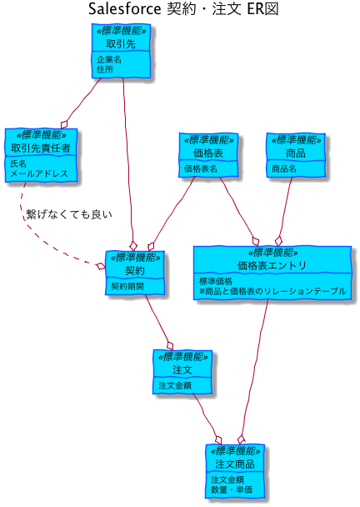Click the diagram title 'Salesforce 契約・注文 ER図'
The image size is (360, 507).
pyautogui.click(x=183, y=8)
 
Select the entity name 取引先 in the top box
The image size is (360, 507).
pyautogui.click(x=121, y=43)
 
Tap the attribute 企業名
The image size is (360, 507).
pyautogui.click(x=109, y=59)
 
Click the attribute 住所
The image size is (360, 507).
pyautogui.click(x=105, y=69)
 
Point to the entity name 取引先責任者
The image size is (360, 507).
pyautogui.click(x=41, y=148)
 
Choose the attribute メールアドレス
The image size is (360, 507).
pyautogui.click(x=39, y=173)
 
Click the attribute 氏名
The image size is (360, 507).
pyautogui.click(x=18, y=163)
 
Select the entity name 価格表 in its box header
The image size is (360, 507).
pyautogui.click(x=208, y=153)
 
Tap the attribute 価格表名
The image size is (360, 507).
pyautogui.click(x=200, y=168)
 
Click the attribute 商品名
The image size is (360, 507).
pyautogui.click(x=283, y=168)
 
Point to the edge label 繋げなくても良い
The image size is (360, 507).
pyautogui.click(x=69, y=214)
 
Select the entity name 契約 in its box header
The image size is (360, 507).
pyautogui.click(x=135, y=271)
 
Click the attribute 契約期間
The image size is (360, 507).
pyautogui.click(x=127, y=287)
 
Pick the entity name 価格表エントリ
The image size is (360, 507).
pyautogui.click(x=272, y=265)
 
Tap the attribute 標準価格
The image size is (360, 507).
pyautogui.click(x=216, y=281)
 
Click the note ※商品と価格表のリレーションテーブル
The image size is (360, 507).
pyautogui.click(x=272, y=291)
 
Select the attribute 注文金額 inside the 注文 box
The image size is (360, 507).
pyautogui.click(x=175, y=385)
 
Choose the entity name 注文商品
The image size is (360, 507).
pyautogui.click(x=235, y=464)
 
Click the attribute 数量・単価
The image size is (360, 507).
pyautogui.click(x=232, y=489)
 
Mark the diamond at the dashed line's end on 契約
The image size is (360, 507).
pyautogui.click(x=101, y=266)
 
